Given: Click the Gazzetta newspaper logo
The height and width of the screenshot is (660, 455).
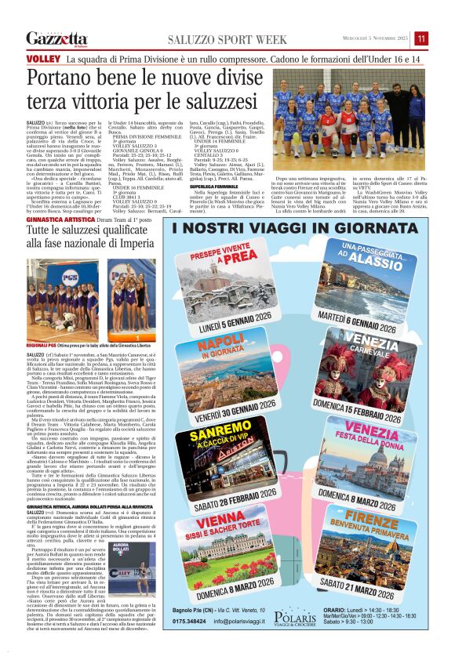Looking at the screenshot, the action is tap(56, 39).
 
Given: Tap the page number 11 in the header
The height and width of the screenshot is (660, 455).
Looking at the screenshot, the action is tap(421, 38).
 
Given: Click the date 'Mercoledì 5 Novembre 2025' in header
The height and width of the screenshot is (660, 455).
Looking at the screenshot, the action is tap(375, 38).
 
